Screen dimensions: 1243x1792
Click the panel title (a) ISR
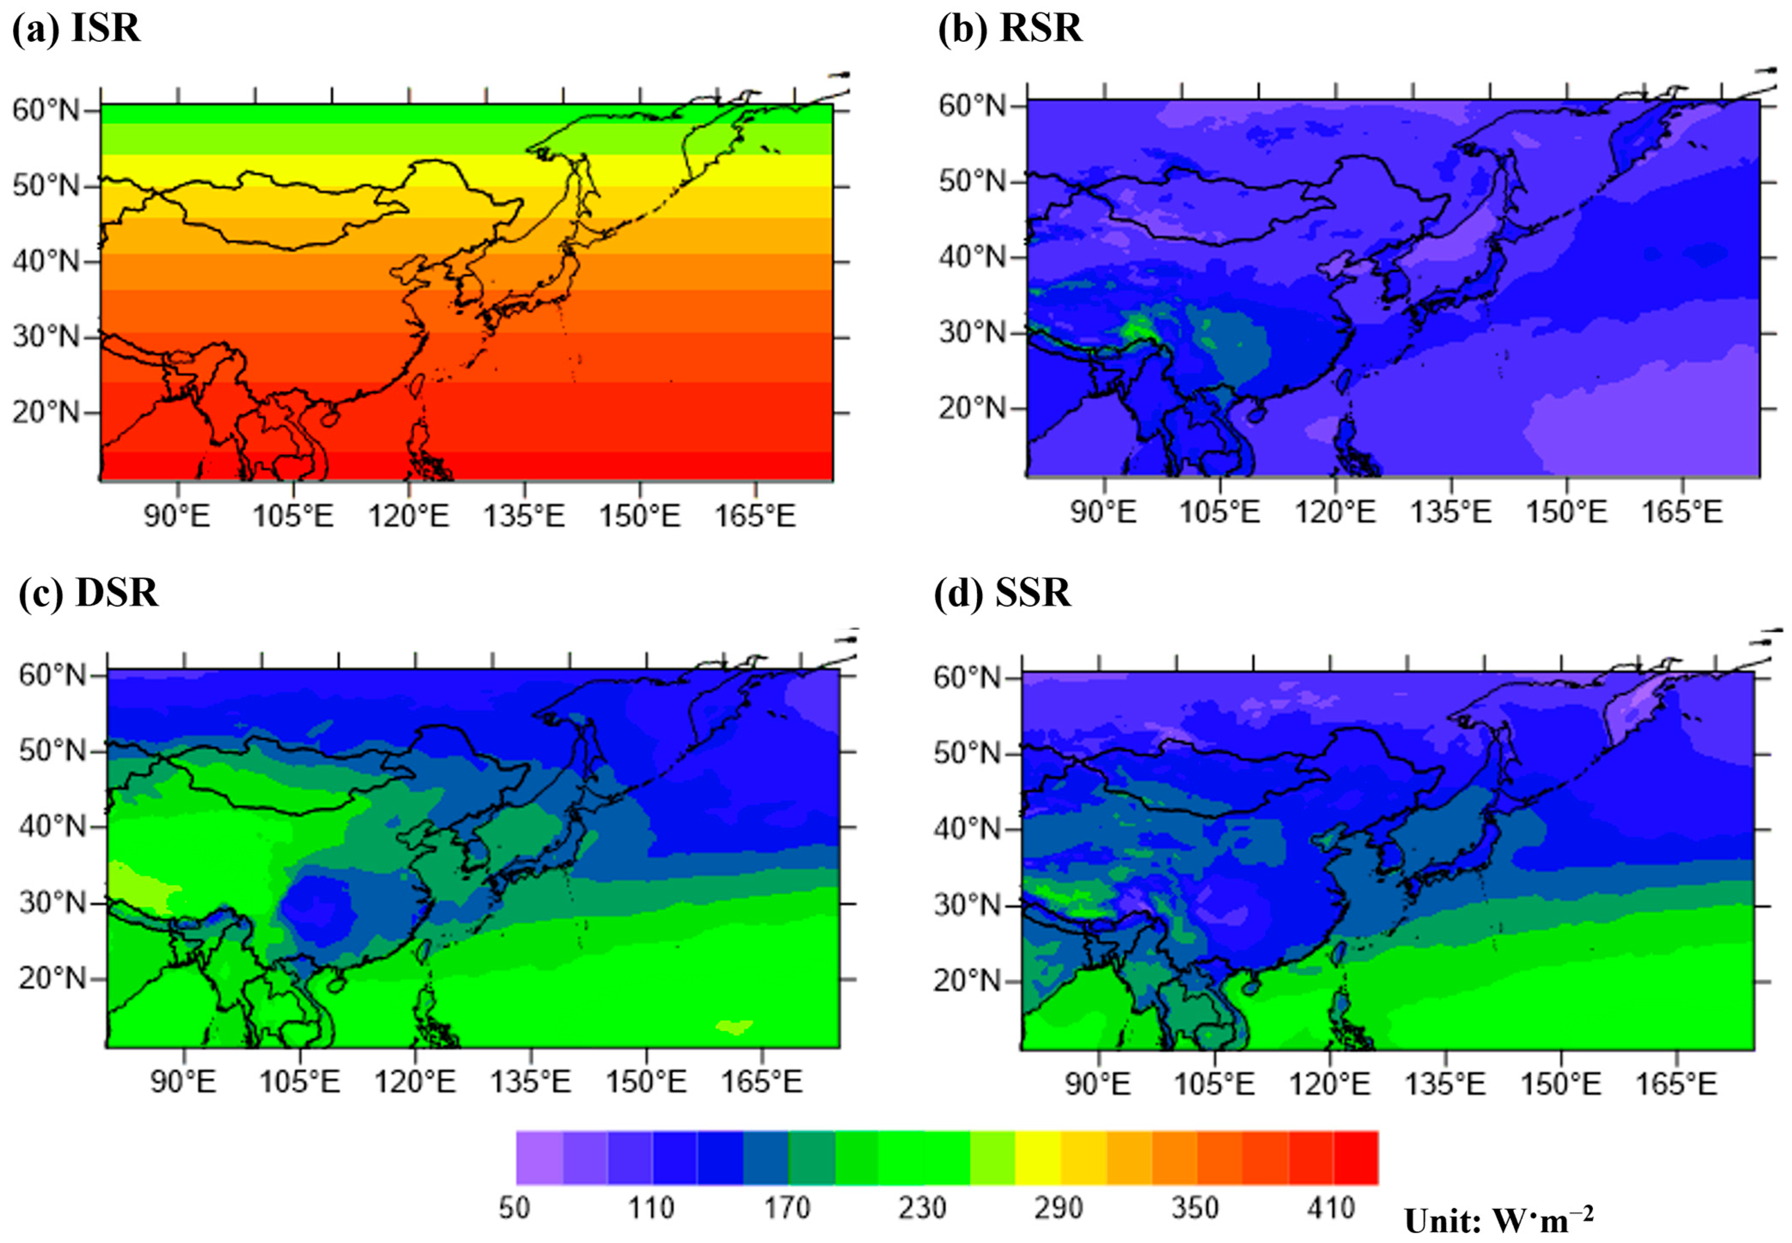tap(76, 29)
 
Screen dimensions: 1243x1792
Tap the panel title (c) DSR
tap(88, 594)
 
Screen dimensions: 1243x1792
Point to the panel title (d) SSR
tap(1002, 594)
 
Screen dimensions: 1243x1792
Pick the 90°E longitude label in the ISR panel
tap(177, 515)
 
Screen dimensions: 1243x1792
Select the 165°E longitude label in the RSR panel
tap(1682, 512)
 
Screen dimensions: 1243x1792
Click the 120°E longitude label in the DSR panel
tap(414, 1082)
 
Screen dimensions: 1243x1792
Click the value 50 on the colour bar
tap(514, 1208)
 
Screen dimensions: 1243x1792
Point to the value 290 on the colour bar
tap(1058, 1208)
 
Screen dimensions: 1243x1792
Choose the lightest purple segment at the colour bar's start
tap(539, 1158)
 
